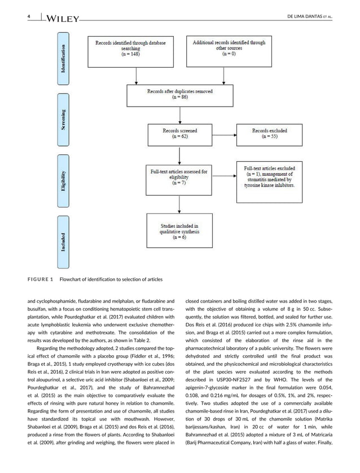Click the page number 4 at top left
(28, 17)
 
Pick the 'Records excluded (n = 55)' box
(273, 133)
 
